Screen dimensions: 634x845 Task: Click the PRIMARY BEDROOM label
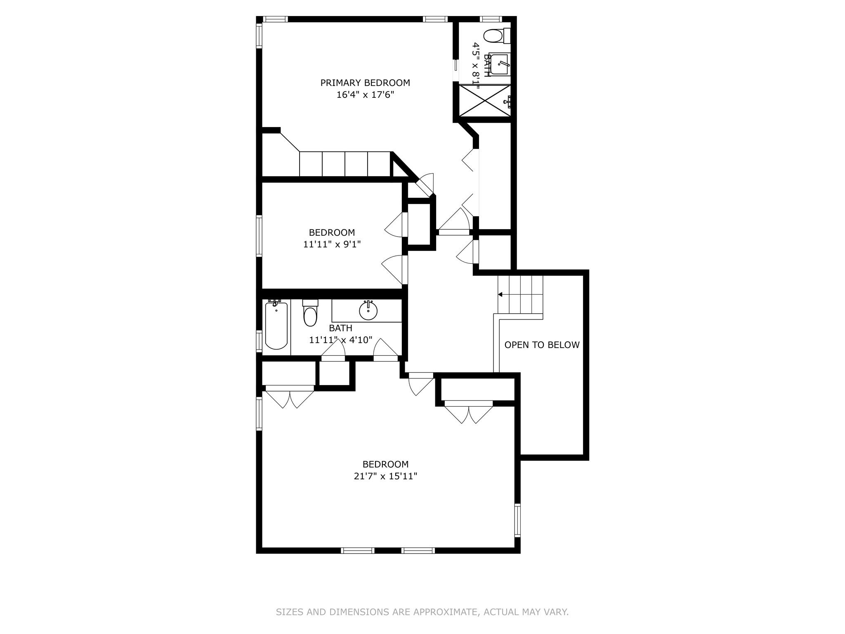pos(365,83)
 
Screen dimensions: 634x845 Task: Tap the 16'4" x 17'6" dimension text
pos(365,95)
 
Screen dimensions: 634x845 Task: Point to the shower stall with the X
pos(484,101)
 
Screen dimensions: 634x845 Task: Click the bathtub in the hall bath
pos(276,326)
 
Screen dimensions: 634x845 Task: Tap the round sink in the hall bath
pos(368,311)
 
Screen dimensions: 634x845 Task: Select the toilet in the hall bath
pos(310,314)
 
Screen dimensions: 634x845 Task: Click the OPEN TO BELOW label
pos(542,345)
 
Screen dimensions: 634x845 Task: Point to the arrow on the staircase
pos(500,295)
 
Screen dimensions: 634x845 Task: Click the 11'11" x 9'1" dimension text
pos(332,244)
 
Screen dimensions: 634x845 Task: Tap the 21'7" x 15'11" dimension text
pos(385,476)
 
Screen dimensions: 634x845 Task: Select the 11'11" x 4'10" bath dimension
pos(340,340)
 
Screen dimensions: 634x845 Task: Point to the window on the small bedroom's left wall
pos(259,236)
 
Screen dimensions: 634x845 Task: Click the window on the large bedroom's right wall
pos(517,520)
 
